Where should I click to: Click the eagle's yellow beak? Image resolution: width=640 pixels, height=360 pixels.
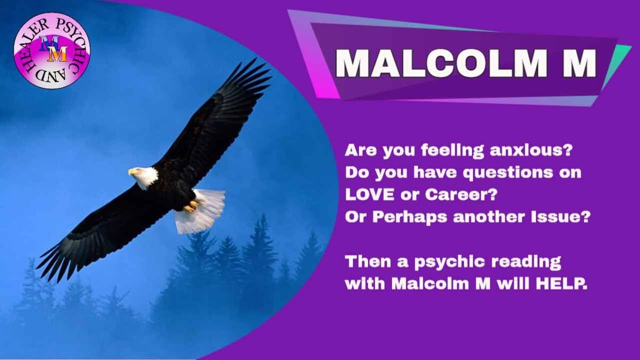[132, 172]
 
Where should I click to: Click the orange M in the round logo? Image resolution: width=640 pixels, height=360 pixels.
[58, 54]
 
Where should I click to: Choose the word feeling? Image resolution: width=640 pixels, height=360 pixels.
[453, 151]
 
